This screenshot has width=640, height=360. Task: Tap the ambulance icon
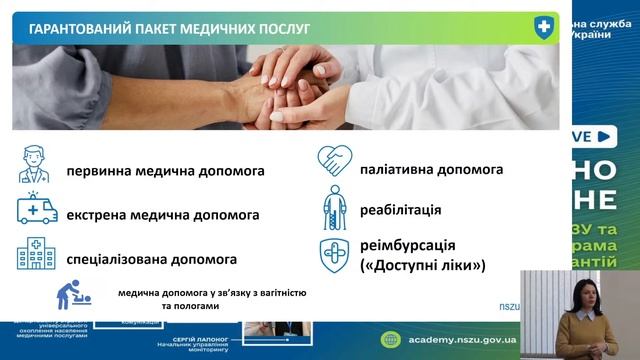point(36,208)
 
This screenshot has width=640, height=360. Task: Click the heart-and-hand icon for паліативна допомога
point(334,161)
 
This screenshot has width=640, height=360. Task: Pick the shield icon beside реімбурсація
point(334,255)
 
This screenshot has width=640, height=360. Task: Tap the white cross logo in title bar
point(544,27)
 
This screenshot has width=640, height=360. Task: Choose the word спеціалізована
point(118,259)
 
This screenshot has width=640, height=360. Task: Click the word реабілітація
point(401,210)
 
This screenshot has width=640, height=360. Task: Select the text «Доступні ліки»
point(422,265)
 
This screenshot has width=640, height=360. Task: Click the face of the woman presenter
point(581,294)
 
